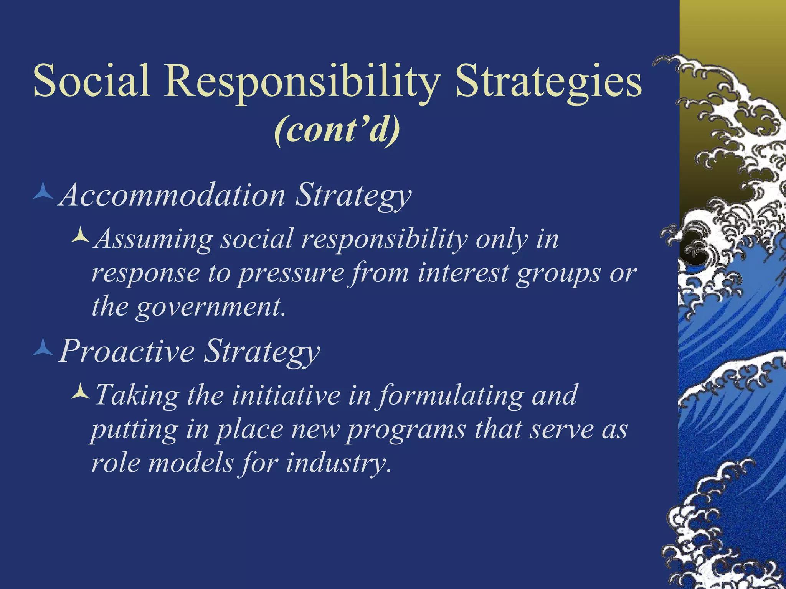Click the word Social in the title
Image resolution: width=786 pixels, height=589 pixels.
[x=91, y=81]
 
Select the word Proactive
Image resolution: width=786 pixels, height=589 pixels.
[x=127, y=351]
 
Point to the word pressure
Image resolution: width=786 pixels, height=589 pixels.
[x=291, y=274]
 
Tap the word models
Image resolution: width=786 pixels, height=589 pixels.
[x=191, y=463]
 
